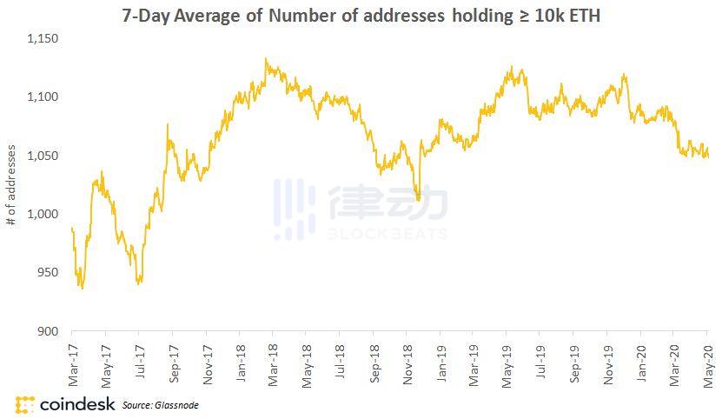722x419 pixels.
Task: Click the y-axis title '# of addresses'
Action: click(x=11, y=185)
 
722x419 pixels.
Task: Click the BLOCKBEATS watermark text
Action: click(x=388, y=234)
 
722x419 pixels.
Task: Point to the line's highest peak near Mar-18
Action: click(x=266, y=60)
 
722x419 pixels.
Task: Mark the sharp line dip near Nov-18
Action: click(x=419, y=200)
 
